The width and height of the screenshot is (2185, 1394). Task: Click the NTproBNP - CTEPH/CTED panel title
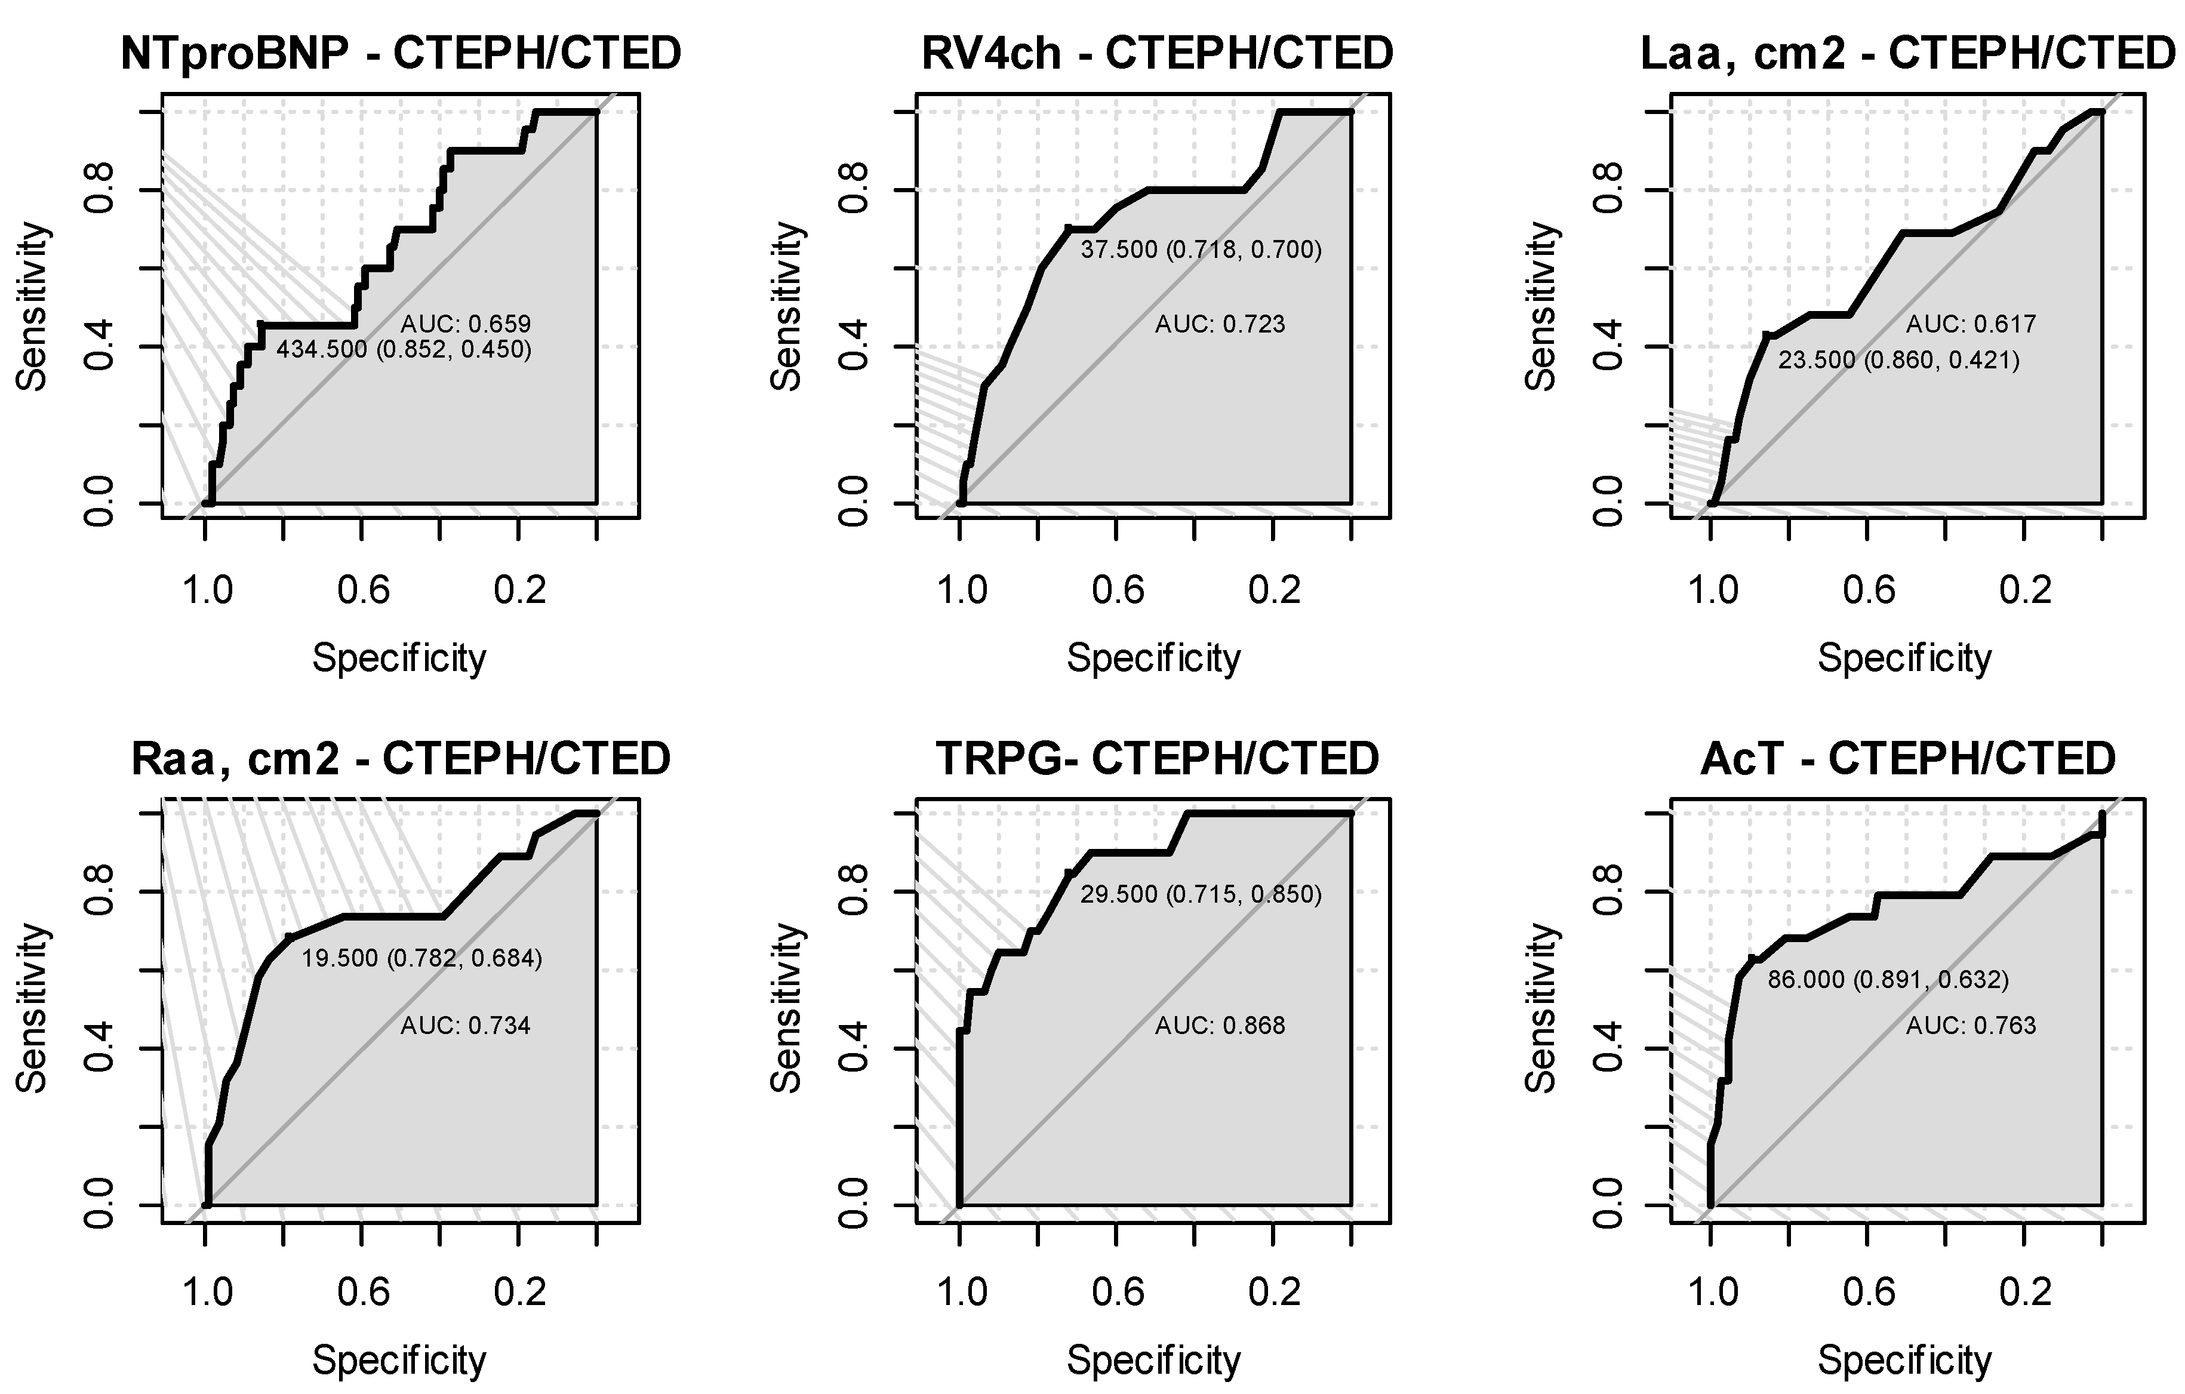point(401,54)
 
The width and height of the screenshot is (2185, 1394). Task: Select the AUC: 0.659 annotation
point(466,324)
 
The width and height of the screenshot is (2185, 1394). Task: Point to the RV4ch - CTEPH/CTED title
point(1157,54)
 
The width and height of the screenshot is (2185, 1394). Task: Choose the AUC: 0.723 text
point(1220,324)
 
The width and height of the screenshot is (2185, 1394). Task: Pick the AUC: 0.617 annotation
point(1971,324)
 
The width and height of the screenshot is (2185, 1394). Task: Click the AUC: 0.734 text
point(466,1026)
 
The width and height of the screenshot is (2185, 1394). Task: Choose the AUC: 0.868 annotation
point(1220,1026)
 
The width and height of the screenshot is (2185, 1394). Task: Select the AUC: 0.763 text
point(1971,1026)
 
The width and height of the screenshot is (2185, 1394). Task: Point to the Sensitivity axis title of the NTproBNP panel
point(33,307)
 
